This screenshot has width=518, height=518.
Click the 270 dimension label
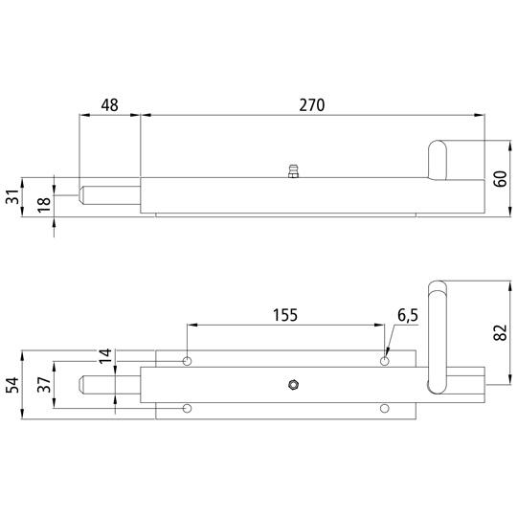coord(312,105)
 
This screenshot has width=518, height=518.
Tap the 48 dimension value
coord(109,105)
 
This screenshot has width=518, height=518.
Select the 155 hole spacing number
coord(285,315)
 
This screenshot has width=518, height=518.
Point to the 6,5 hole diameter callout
coord(408,315)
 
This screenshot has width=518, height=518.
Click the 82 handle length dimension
coord(500,332)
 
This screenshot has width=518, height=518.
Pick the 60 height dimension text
coord(500,179)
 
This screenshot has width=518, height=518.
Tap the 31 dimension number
coord(12,196)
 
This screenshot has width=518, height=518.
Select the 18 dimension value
coord(44,204)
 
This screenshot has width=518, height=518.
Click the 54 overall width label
coord(12,385)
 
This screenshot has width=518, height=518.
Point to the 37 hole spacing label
coord(44,385)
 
